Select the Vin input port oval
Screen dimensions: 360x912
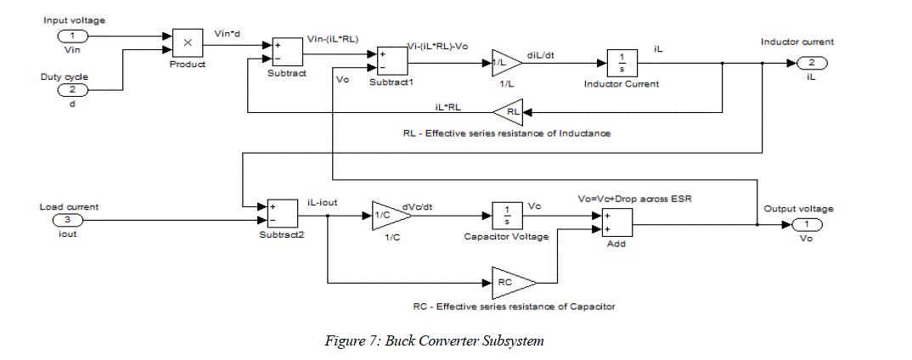(73, 37)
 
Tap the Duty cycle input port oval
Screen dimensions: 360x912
(73, 90)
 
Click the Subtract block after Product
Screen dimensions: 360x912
(286, 53)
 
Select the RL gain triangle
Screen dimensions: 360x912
(511, 111)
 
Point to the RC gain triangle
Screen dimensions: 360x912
(513, 281)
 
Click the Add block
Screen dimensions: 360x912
(618, 223)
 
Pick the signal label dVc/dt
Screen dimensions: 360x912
(442, 206)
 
